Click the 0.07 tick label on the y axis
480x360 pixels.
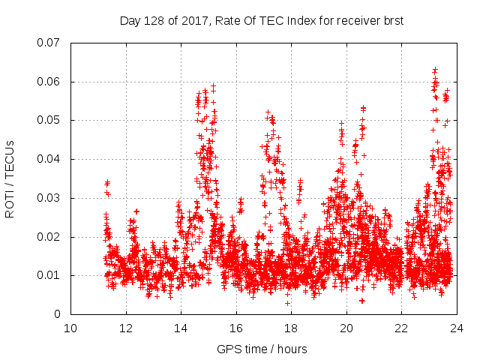[x=49, y=43]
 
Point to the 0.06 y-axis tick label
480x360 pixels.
[x=49, y=82]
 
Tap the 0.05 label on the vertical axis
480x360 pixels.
[x=49, y=120]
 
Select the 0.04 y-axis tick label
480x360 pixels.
[x=49, y=159]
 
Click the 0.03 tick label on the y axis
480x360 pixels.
[x=49, y=198]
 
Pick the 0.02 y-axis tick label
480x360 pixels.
[x=49, y=237]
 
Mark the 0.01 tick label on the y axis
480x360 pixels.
[x=49, y=275]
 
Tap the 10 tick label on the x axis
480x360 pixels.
[x=70, y=328]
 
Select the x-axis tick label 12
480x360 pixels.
[x=126, y=328]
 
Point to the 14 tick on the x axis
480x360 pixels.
[x=181, y=328]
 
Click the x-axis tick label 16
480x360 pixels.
[x=236, y=328]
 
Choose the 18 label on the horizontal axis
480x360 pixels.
[x=291, y=328]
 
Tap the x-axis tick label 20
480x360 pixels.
[x=346, y=328]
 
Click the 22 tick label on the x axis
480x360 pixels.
[x=401, y=328]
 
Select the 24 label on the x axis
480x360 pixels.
[x=457, y=328]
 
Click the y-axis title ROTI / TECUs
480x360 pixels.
[x=10, y=178]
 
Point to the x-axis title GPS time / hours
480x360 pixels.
[x=262, y=349]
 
